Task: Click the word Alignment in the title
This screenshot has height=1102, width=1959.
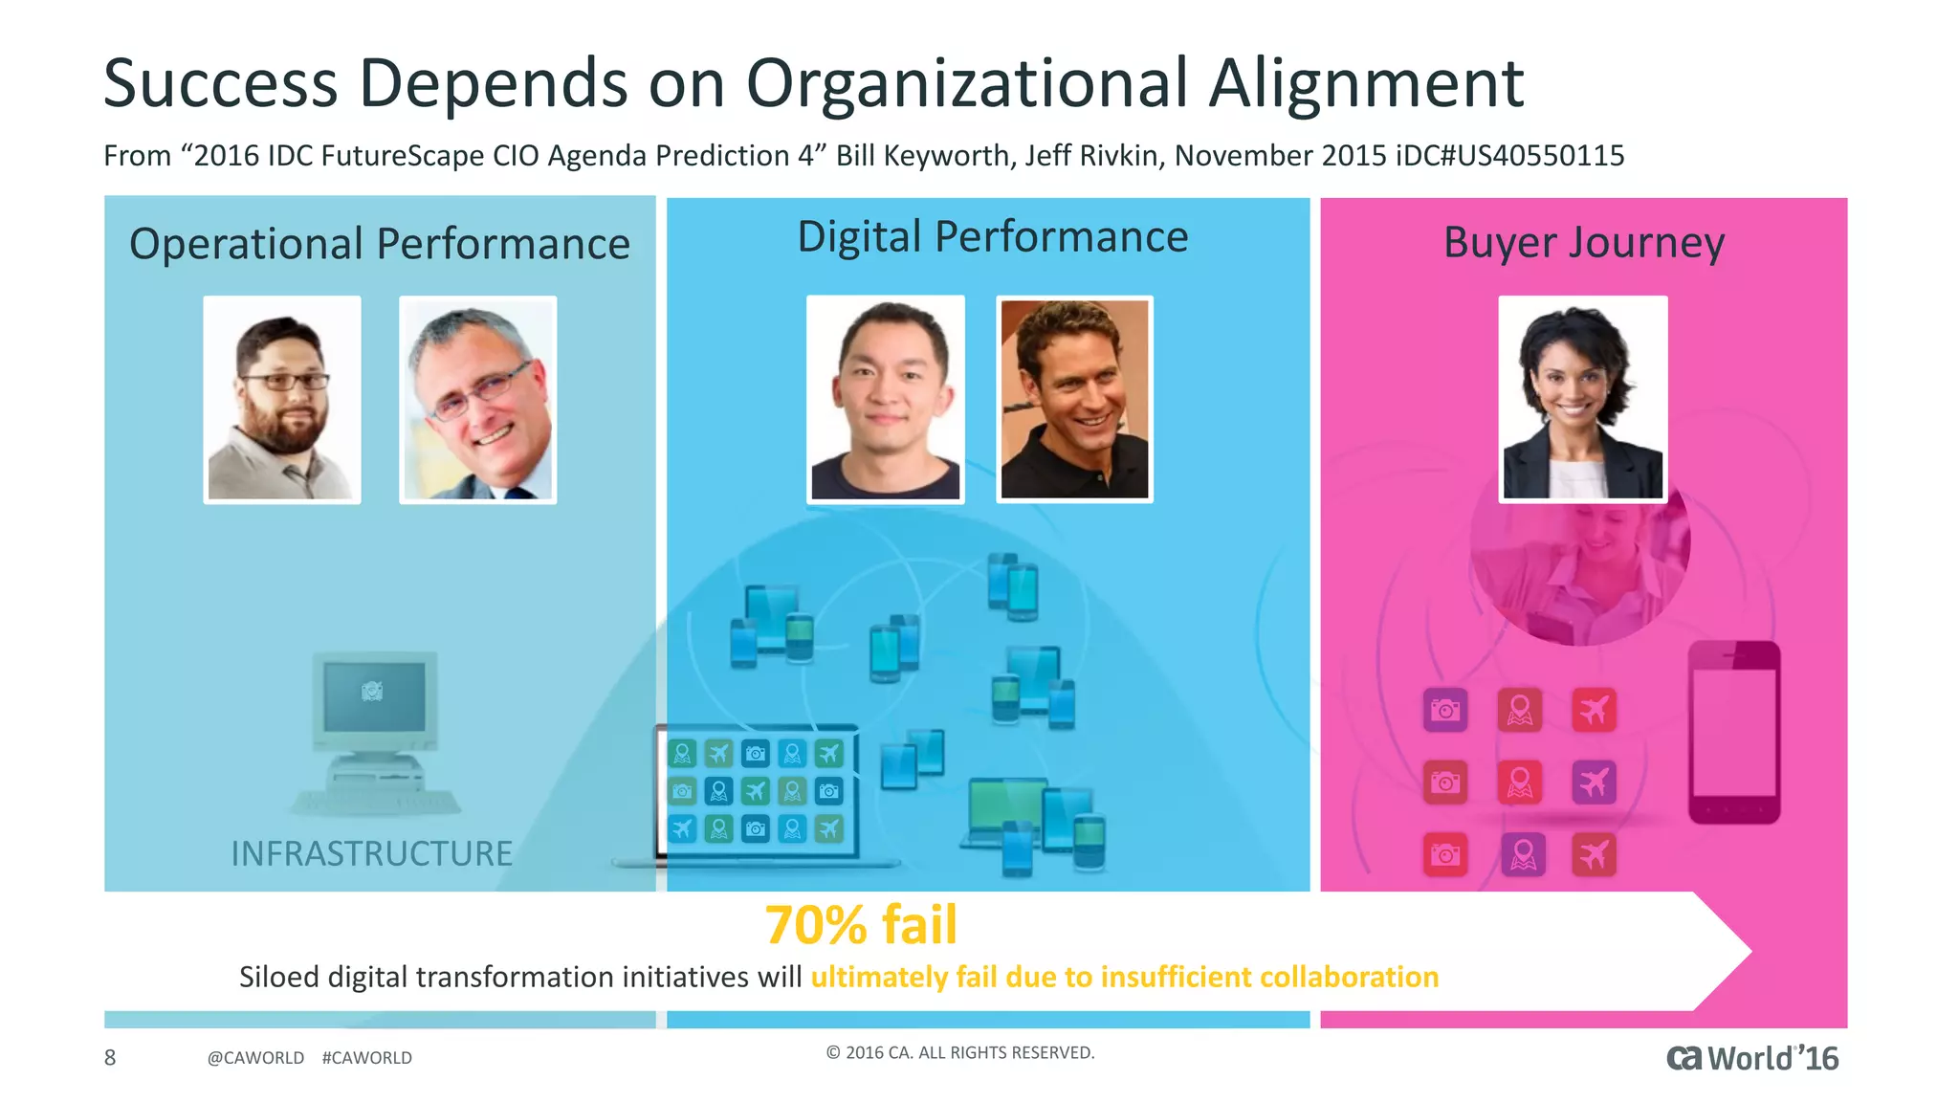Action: coord(1365,84)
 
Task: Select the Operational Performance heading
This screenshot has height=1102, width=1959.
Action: coord(380,244)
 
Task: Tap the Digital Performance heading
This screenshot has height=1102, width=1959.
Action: coord(992,236)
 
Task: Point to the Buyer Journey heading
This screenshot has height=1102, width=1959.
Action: coord(1583,242)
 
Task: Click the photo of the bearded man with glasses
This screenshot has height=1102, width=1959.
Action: coord(282,400)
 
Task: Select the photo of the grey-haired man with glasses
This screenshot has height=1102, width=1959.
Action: coord(477,400)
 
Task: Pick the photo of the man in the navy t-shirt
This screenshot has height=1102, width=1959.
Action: coord(885,399)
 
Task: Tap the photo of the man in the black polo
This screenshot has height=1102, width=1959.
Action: coord(1074,399)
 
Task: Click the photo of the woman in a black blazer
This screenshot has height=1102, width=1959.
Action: coord(1582,399)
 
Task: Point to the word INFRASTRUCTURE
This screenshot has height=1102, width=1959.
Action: coord(371,853)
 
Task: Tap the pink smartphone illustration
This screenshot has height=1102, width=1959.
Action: coord(1733,732)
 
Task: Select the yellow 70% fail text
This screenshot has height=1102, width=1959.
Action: coord(861,925)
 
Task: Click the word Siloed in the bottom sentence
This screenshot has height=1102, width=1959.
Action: coord(278,977)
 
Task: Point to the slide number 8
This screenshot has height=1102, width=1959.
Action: coord(110,1057)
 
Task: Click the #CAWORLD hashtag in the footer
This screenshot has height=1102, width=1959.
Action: coord(367,1058)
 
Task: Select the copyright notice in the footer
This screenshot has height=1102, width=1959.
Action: coord(959,1052)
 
